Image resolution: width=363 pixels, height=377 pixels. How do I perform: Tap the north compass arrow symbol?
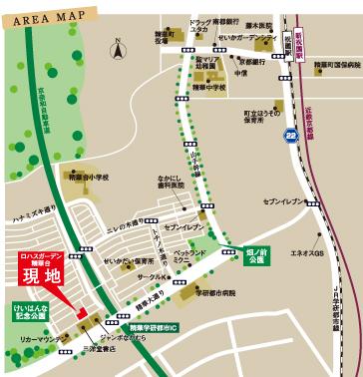pos(117,47)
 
